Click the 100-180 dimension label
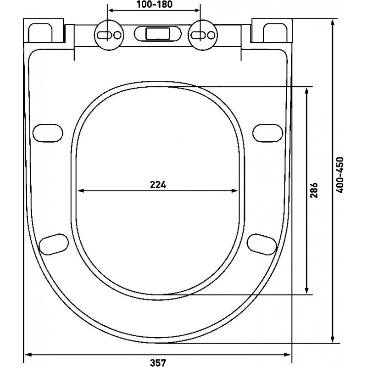[x=155, y=4]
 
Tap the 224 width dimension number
[x=158, y=185]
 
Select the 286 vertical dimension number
[x=314, y=190]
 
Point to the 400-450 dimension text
[x=339, y=175]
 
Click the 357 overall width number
[x=158, y=362]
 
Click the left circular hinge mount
[x=109, y=35]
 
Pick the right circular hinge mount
[x=203, y=35]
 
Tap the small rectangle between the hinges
[x=157, y=33]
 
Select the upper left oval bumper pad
[x=48, y=133]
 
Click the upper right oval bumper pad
[x=268, y=133]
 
